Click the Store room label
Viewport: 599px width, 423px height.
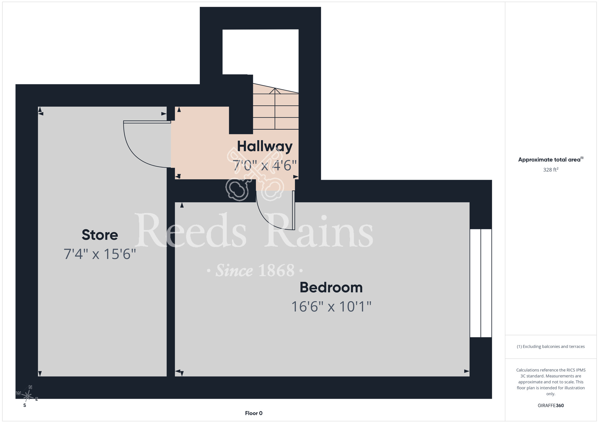coord(100,235)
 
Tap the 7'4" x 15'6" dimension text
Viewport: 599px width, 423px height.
coord(100,254)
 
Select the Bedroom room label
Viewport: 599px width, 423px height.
coord(331,287)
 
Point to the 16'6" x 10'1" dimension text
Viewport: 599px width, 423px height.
coord(331,307)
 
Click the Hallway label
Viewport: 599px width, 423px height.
coord(265,147)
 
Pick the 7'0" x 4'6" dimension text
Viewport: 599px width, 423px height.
coord(265,165)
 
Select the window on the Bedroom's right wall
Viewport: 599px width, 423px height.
coord(481,283)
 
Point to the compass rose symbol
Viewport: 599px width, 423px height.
coord(27,396)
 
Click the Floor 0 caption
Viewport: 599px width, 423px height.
coord(254,413)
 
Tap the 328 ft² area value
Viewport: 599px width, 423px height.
coord(551,170)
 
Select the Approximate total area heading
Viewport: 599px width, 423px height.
coord(551,159)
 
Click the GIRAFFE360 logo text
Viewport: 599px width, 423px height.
coord(551,406)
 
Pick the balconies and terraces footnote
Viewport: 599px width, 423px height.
coord(551,346)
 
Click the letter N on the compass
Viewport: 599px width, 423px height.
coord(30,387)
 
